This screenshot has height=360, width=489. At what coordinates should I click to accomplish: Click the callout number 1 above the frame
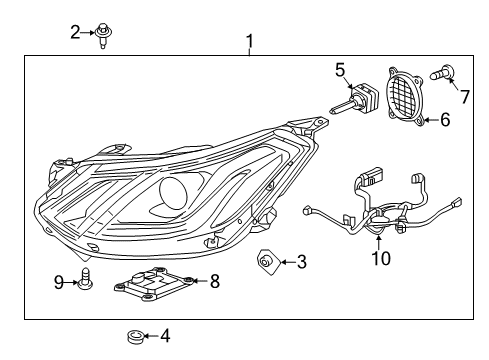[x=249, y=41]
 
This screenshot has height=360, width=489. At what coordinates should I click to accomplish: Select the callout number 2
[x=75, y=33]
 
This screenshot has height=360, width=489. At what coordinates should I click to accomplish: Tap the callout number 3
[x=302, y=263]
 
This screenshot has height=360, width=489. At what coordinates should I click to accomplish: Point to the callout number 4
[x=165, y=337]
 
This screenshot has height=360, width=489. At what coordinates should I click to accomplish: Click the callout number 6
[x=446, y=119]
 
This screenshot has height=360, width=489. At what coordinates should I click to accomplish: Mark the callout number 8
[x=214, y=282]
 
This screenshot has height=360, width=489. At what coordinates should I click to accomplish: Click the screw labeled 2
[x=103, y=35]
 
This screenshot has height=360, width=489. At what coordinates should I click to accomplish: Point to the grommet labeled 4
[x=133, y=337]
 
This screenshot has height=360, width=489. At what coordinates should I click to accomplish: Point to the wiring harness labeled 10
[x=380, y=215]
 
